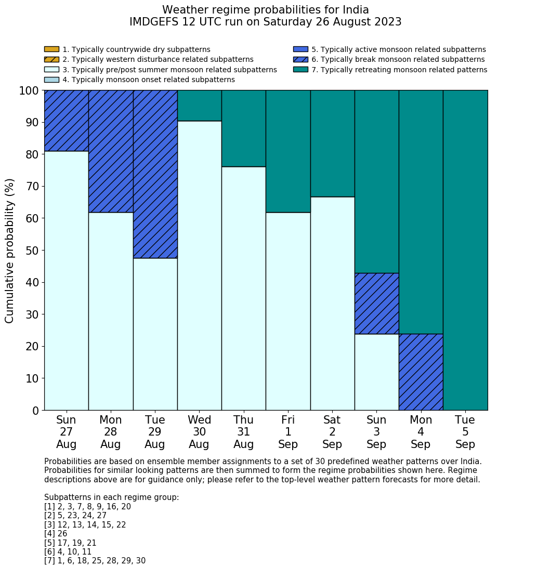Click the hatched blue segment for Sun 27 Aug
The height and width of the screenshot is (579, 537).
pos(66,121)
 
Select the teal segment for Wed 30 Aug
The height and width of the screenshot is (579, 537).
pos(199,106)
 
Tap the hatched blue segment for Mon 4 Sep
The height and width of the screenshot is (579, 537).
pos(421,372)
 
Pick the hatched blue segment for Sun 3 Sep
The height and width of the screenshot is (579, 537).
pos(376,304)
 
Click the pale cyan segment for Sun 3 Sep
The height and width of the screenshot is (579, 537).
pos(376,372)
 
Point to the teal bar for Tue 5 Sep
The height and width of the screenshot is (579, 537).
pos(465,250)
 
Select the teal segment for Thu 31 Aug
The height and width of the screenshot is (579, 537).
pos(243,128)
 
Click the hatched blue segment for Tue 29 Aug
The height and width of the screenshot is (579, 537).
pos(155,174)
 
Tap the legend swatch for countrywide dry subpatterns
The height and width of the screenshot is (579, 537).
pos(51,49)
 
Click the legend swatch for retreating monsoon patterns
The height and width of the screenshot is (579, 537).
pos(300,70)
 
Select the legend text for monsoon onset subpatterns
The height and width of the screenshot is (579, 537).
pos(149,80)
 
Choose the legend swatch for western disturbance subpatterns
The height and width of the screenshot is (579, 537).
pos(51,60)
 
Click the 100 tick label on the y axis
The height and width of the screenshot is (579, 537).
pos(29,91)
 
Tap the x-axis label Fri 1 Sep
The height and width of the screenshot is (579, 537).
pos(288,432)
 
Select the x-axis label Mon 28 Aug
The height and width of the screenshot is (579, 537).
pos(111,432)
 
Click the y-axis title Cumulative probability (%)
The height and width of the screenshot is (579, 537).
pos(10,251)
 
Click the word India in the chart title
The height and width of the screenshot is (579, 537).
pos(356,10)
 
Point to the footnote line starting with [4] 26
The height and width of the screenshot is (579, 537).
pos(56,534)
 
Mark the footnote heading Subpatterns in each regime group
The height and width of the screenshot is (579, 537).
pos(111,497)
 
